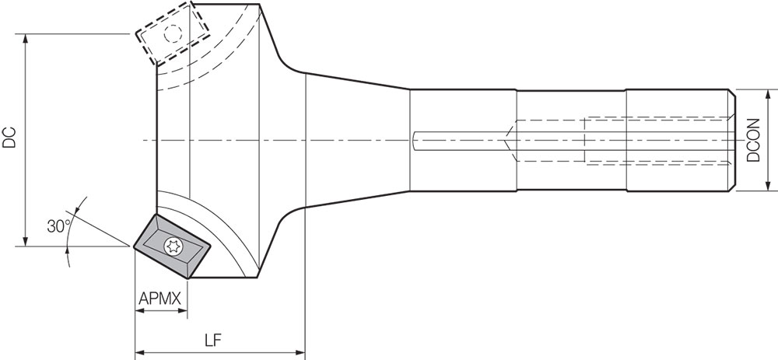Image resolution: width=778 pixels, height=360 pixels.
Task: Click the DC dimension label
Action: tap(9, 138)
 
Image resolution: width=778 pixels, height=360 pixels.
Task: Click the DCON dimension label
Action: tap(754, 140)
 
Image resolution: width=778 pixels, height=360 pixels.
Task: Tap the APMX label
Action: tap(159, 299)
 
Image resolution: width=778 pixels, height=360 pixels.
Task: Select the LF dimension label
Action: tap(213, 340)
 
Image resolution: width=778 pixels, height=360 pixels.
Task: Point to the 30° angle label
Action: tap(59, 226)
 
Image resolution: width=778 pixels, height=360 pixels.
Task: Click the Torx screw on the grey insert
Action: tap(173, 246)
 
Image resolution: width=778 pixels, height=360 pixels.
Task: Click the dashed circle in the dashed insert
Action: tap(173, 33)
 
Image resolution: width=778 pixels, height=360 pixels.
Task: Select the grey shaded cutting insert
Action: tap(172, 246)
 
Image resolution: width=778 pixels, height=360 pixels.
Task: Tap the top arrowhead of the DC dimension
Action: tap(26, 40)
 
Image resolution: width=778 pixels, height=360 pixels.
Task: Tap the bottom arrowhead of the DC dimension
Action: tap(26, 240)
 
